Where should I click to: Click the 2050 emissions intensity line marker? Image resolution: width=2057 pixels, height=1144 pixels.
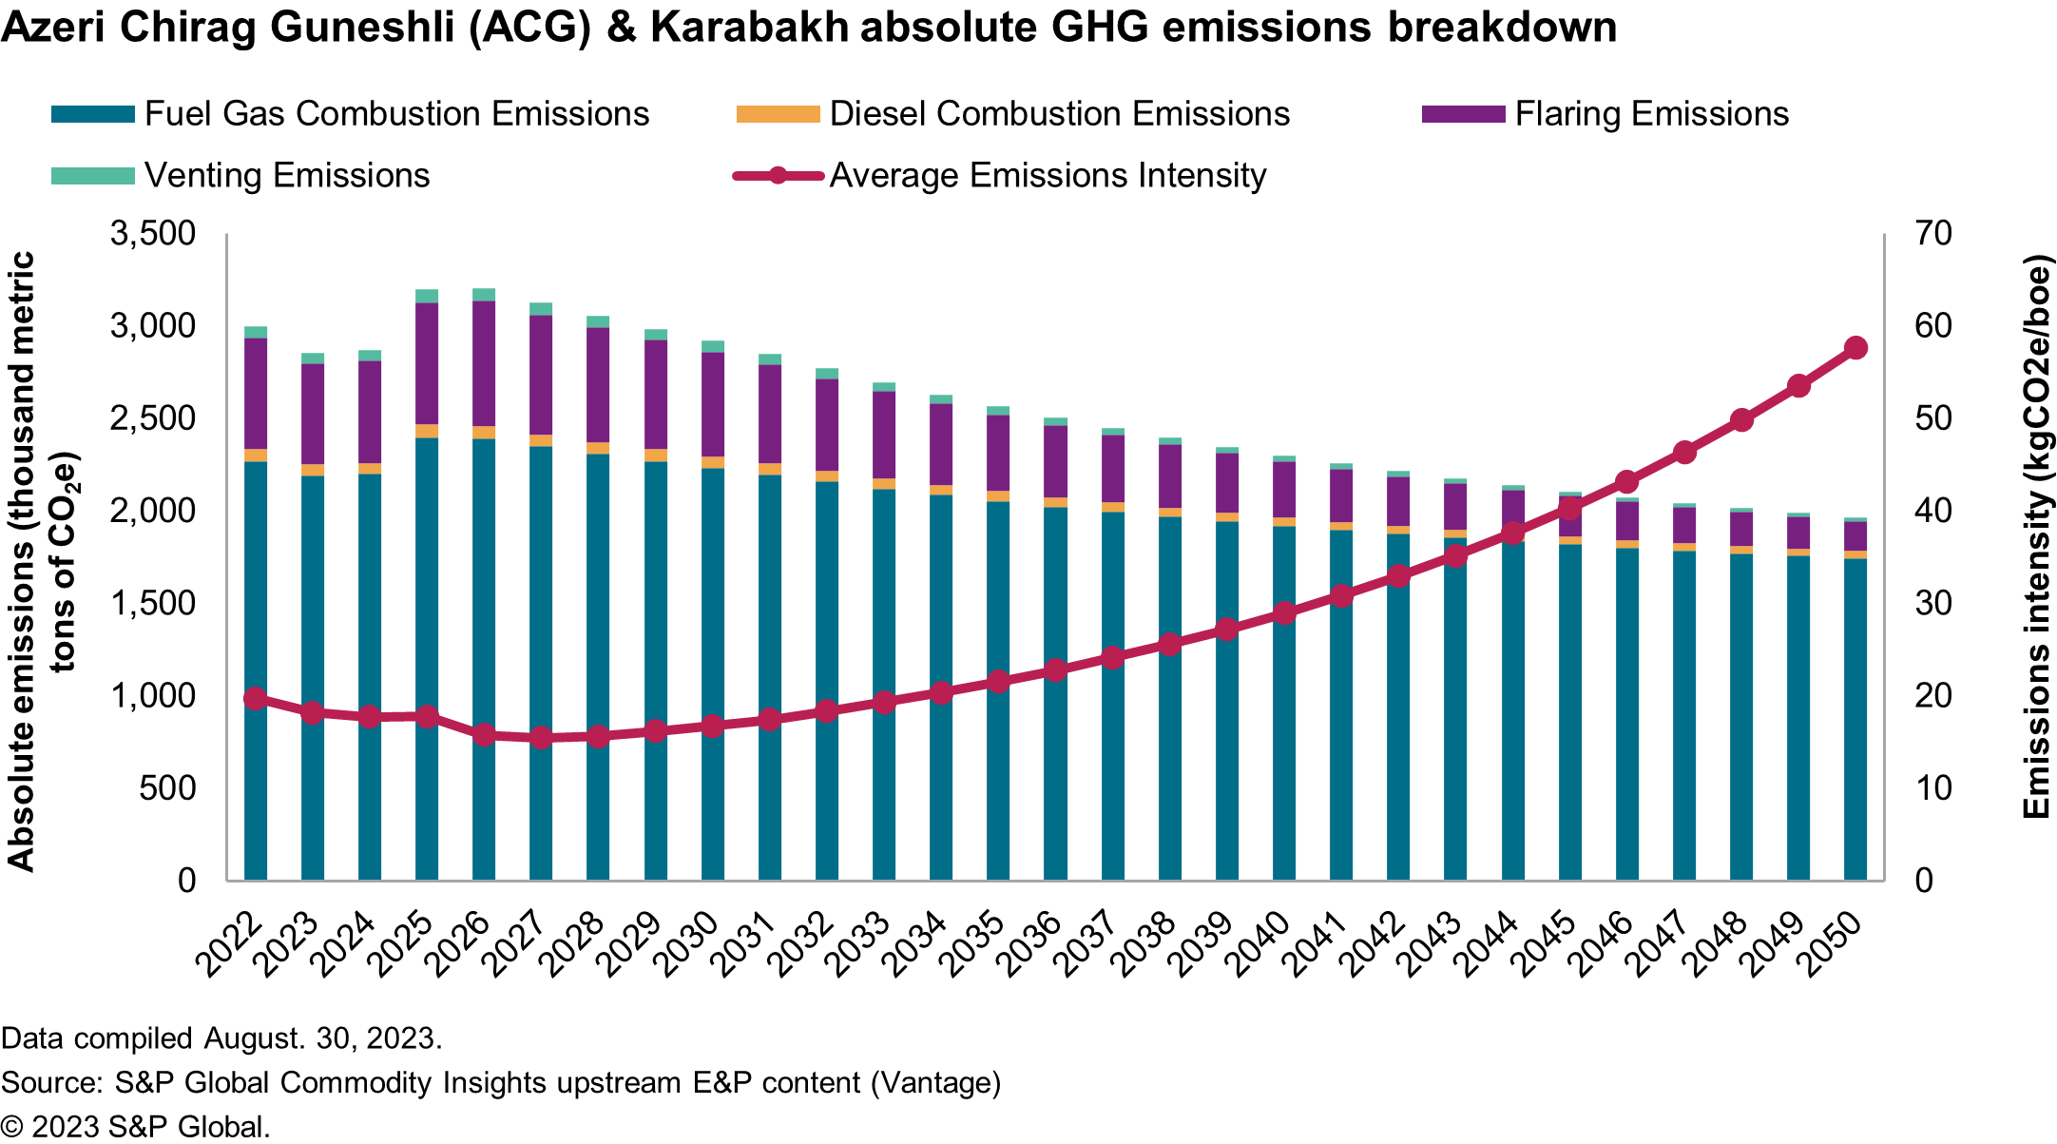1855,348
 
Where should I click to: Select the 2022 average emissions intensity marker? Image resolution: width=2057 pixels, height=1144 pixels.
255,699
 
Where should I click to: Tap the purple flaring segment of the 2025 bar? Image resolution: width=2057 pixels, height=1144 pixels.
427,363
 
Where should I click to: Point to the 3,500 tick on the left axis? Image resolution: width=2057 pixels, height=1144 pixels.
153,234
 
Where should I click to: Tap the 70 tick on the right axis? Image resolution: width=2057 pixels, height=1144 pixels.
1932,234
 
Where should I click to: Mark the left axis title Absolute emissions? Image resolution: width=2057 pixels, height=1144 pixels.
21,561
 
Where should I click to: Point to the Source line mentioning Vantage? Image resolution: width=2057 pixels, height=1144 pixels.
501,1082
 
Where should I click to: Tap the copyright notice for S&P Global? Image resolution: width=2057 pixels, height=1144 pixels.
136,1127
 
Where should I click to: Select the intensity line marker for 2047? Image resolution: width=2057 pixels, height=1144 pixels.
1684,453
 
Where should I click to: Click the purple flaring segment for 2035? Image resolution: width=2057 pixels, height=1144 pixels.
998,453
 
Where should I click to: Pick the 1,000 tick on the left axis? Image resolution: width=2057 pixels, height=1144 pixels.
153,696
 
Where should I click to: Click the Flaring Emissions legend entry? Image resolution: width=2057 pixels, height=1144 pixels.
1651,114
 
